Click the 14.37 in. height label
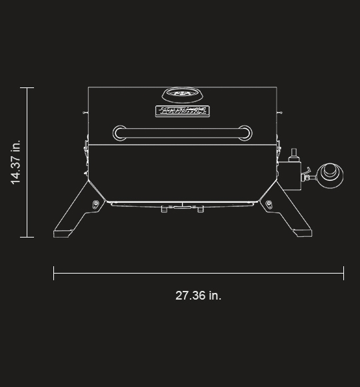(16, 162)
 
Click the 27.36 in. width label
(199, 295)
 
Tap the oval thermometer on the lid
(181, 94)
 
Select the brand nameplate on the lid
(181, 111)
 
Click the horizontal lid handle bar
(181, 132)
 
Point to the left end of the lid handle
(119, 132)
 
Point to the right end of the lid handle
(244, 132)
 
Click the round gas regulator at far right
(329, 175)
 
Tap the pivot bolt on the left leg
(96, 203)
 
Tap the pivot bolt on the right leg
(268, 203)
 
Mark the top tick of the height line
(27, 88)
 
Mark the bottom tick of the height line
(27, 237)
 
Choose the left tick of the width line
(54, 273)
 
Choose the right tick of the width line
(343, 273)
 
